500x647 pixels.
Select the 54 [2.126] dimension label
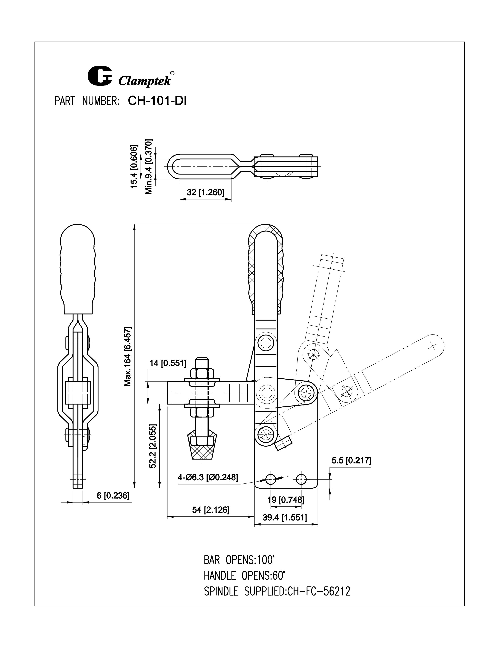(211, 510)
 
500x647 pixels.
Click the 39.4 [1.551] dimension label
(285, 518)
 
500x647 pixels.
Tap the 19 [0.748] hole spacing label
(285, 500)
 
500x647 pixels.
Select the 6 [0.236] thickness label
(113, 496)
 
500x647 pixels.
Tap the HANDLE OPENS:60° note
(244, 576)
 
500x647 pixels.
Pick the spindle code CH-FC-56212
(319, 592)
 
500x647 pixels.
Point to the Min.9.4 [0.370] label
(149, 166)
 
